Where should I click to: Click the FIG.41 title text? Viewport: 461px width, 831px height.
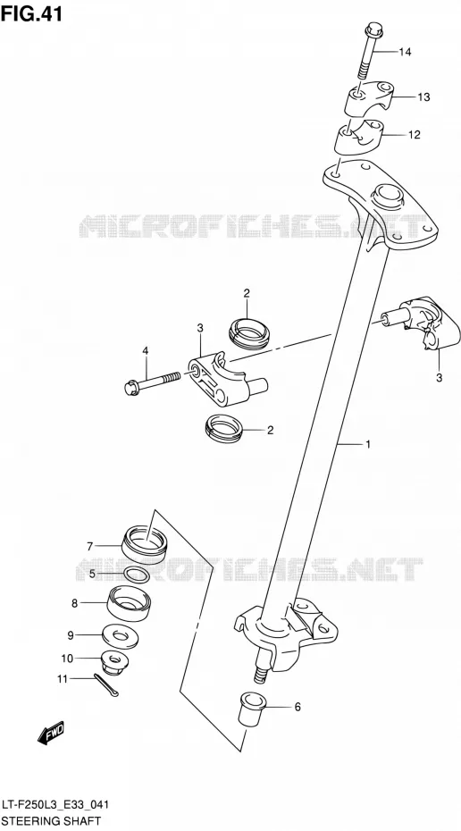(x=31, y=13)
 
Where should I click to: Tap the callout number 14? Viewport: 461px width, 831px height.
(x=405, y=52)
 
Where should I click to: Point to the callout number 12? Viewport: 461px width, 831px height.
(x=414, y=135)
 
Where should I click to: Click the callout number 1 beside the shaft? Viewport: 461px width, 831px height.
(x=368, y=444)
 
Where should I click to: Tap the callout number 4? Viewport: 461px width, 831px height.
(x=146, y=350)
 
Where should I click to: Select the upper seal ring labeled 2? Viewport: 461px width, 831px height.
(x=249, y=334)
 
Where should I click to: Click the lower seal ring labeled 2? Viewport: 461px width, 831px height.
(x=224, y=428)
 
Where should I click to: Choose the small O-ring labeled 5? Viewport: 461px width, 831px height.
(x=136, y=574)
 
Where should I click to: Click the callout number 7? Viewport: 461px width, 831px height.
(x=89, y=546)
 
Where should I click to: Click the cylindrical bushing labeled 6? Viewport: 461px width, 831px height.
(x=252, y=708)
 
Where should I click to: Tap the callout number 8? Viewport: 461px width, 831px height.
(x=75, y=603)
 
